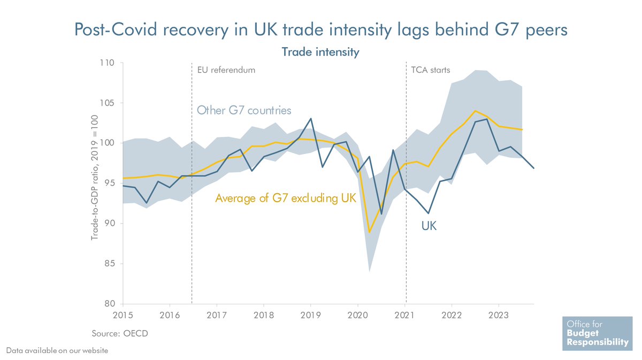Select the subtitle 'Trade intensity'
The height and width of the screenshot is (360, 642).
tap(320, 52)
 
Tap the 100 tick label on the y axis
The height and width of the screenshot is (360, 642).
tap(108, 143)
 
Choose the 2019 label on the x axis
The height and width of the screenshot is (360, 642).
tap(311, 314)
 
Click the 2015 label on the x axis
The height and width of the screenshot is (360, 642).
tap(123, 314)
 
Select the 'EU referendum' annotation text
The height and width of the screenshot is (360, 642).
tap(226, 70)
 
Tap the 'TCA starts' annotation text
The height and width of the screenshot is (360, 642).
tap(430, 70)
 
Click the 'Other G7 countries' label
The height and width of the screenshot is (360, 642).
tap(244, 111)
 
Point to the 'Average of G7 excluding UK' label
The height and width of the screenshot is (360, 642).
tap(286, 198)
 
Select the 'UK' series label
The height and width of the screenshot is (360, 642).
tap(429, 226)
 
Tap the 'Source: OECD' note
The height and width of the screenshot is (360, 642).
tap(119, 333)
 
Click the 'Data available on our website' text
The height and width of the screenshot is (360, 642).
tap(57, 350)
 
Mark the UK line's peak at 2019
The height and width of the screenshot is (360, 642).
tap(311, 119)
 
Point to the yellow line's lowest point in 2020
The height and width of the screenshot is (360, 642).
tap(369, 232)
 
